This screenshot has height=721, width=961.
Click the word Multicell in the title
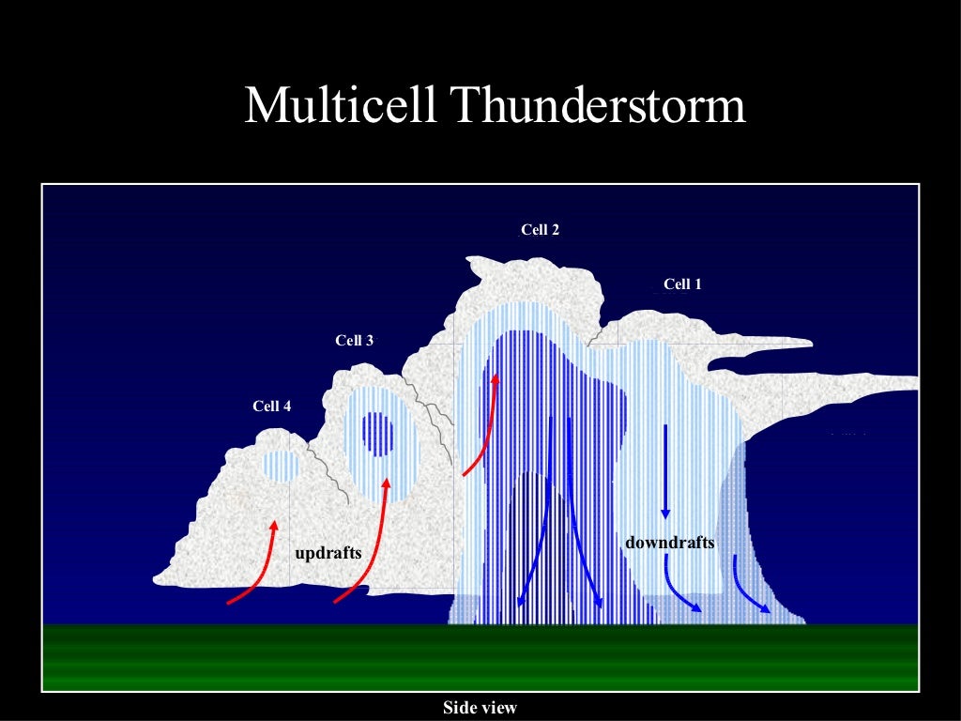pos(342,106)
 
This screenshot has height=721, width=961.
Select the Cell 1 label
pos(682,284)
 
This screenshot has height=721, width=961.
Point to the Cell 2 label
pos(541,229)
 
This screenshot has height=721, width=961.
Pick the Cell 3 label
pos(355,341)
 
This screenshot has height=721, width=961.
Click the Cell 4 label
pos(272,407)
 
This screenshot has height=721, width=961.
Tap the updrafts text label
pos(328,553)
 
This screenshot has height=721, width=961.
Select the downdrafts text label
pos(670,543)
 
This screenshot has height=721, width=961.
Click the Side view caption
pos(480,708)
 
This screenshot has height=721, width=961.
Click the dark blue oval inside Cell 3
pos(379,434)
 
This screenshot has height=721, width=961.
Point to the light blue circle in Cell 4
pos(280,465)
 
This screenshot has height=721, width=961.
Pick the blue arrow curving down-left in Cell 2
pos(539,535)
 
